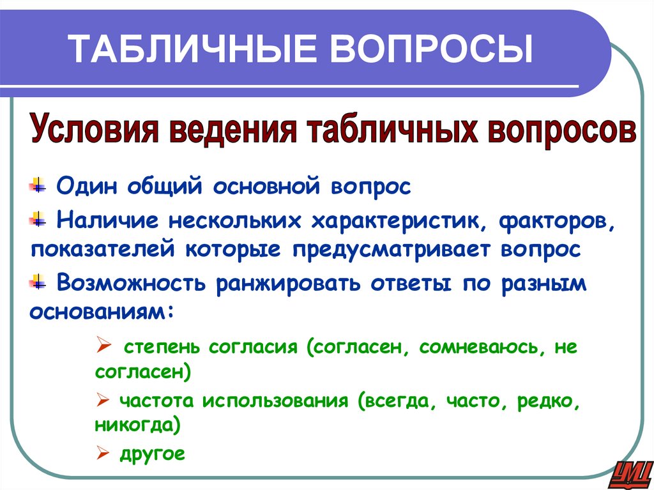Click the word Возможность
[x=130, y=283]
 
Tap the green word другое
[x=151, y=454]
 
